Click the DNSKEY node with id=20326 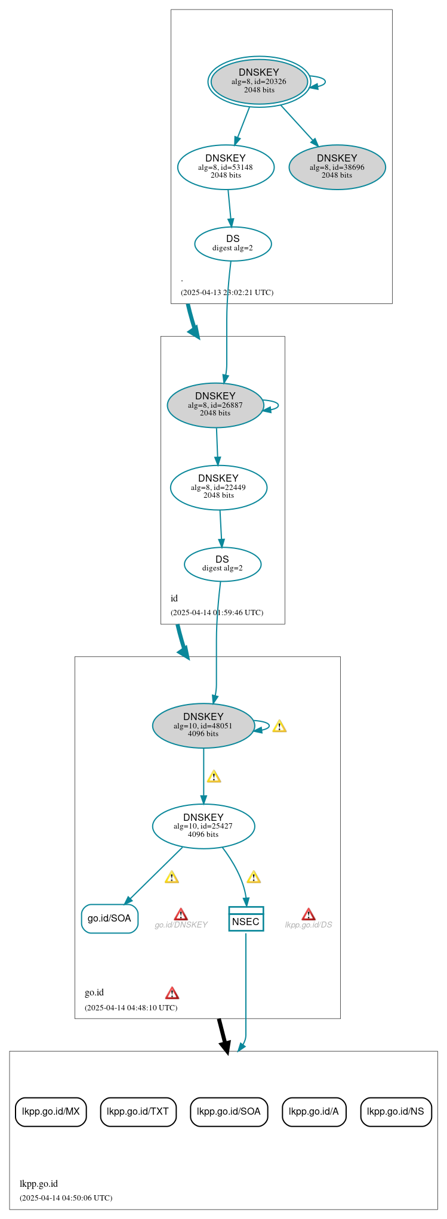pyautogui.click(x=259, y=81)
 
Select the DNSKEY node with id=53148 pyautogui.click(x=226, y=167)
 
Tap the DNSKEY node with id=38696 pyautogui.click(x=337, y=167)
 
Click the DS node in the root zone pyautogui.click(x=233, y=243)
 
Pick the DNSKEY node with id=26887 pyautogui.click(x=215, y=405)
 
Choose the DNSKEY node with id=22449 pyautogui.click(x=218, y=487)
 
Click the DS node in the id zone pyautogui.click(x=223, y=564)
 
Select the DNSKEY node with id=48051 pyautogui.click(x=204, y=725)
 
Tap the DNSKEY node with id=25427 pyautogui.click(x=204, y=826)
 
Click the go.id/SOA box pyautogui.click(x=110, y=919)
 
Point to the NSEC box pyautogui.click(x=246, y=919)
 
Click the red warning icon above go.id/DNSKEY pyautogui.click(x=181, y=914)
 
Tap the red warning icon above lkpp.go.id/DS pyautogui.click(x=309, y=914)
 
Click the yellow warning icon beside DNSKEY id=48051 pyautogui.click(x=279, y=726)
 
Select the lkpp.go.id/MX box pyautogui.click(x=51, y=1112)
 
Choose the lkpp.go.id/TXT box pyautogui.click(x=138, y=1112)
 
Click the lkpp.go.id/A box pyautogui.click(x=314, y=1112)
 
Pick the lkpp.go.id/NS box pyautogui.click(x=396, y=1112)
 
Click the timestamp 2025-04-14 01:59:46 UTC pyautogui.click(x=217, y=612)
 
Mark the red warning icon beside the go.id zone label pyautogui.click(x=172, y=993)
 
